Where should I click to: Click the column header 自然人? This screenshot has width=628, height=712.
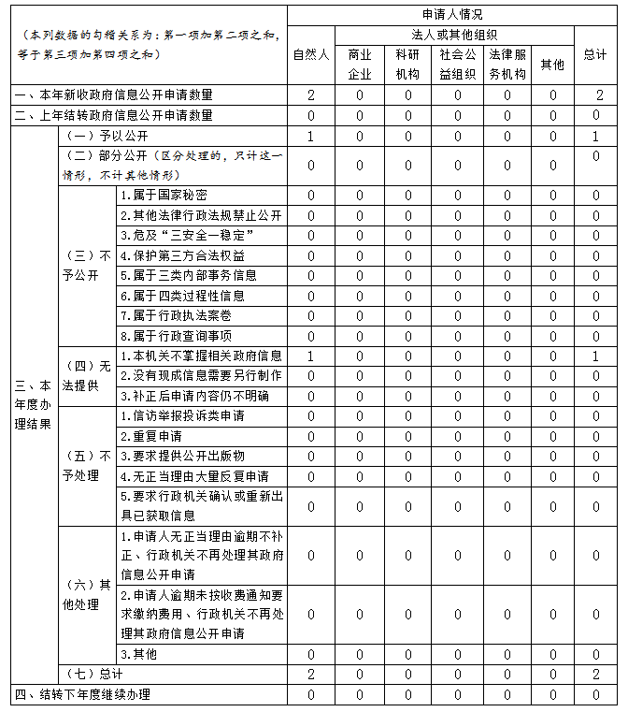(311, 54)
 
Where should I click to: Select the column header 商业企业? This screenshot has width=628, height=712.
(360, 64)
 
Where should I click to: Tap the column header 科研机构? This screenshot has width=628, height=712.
(408, 64)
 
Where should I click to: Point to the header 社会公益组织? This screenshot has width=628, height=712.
(458, 64)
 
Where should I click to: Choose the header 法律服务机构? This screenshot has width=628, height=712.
(507, 64)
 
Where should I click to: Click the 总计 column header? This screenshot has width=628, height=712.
(595, 54)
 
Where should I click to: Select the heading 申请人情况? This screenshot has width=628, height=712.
(451, 15)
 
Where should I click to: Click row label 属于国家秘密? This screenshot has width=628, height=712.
(164, 196)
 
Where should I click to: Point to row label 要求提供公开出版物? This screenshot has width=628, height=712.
(182, 456)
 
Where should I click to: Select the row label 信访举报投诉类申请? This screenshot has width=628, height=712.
(182, 415)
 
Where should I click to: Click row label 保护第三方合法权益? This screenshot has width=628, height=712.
(182, 255)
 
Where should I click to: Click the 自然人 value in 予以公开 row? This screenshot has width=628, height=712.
(311, 136)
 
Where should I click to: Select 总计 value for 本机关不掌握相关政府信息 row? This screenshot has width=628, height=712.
(595, 356)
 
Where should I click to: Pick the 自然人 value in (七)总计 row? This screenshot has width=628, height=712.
(311, 675)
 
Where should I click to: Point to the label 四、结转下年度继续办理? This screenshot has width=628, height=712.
(81, 695)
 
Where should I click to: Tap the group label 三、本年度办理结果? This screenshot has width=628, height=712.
(33, 404)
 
